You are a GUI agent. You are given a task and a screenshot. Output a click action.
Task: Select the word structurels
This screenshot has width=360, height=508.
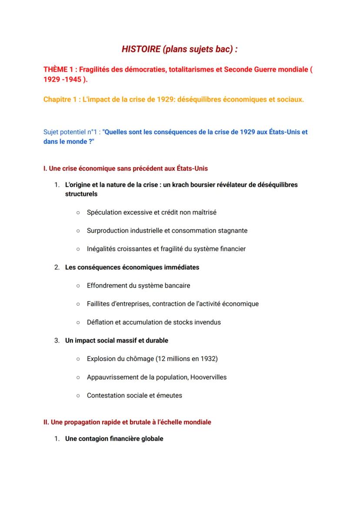[81, 194]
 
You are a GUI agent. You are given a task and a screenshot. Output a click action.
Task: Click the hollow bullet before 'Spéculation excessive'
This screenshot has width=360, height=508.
[78, 212]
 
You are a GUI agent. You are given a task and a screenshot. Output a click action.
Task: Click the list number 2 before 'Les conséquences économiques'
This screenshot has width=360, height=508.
[57, 267]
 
